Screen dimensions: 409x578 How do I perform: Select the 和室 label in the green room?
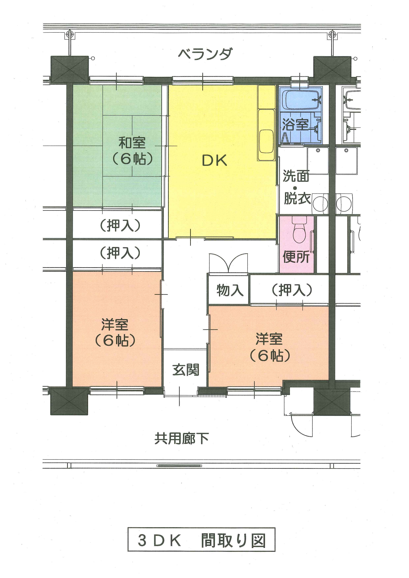(132, 143)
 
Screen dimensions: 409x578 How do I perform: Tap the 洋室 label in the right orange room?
(269, 339)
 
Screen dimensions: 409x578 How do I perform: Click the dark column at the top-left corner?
(70, 70)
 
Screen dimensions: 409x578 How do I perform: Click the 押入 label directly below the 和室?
(120, 225)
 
